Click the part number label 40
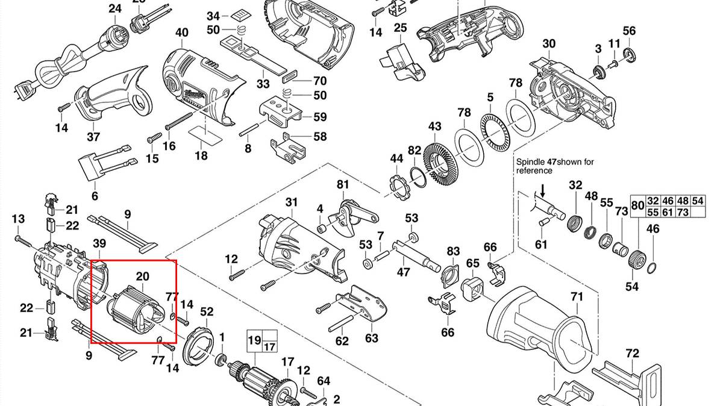click(x=181, y=33)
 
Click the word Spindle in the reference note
click(x=529, y=161)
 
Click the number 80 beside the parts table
click(x=637, y=206)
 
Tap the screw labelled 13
click(x=24, y=240)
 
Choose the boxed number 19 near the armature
click(x=254, y=340)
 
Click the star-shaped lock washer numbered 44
click(x=398, y=185)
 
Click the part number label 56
click(x=629, y=31)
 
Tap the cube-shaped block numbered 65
click(x=473, y=290)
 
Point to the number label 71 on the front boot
click(x=577, y=296)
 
